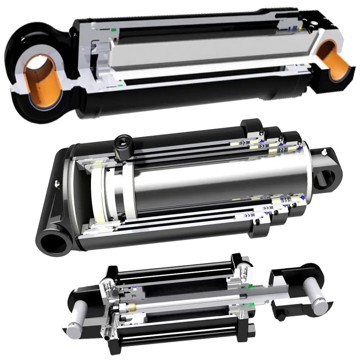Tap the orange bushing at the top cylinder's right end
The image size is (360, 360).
333,61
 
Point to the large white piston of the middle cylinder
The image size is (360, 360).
99,194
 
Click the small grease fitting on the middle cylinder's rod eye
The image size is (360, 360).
324,153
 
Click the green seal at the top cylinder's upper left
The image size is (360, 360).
114,30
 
